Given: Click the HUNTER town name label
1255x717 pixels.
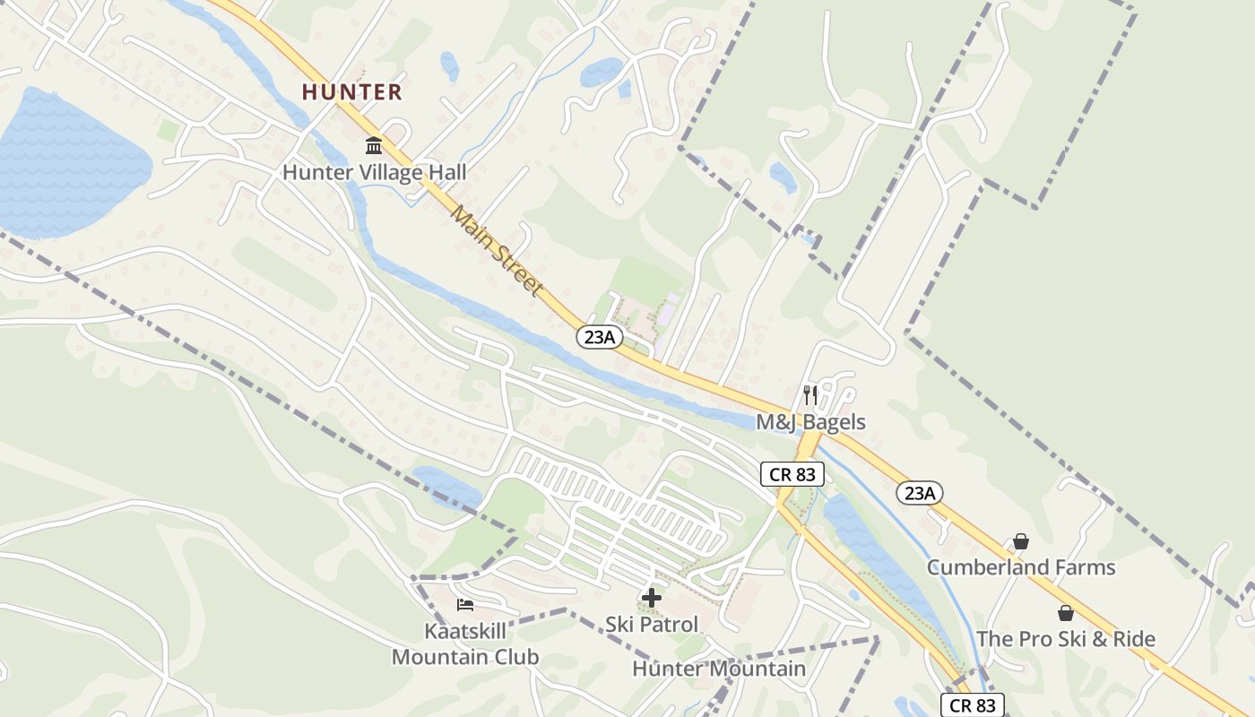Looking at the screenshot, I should (x=351, y=91).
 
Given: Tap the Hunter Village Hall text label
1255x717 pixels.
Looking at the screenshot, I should (x=375, y=172).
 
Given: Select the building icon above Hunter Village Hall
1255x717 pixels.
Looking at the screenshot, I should (x=374, y=145).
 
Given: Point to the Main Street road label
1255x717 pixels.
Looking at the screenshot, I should (x=497, y=251).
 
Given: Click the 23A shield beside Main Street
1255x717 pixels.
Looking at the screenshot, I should (x=599, y=336).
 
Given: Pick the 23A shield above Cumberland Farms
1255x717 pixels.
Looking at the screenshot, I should (x=920, y=493).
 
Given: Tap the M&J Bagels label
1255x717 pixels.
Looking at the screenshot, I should (x=810, y=422).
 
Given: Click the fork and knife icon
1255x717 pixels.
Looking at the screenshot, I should (x=810, y=395).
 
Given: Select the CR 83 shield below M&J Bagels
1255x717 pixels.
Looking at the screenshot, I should (x=792, y=474).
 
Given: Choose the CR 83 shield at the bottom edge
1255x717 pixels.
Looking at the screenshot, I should (x=973, y=705).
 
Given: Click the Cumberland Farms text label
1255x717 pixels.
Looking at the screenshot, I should (x=1021, y=567).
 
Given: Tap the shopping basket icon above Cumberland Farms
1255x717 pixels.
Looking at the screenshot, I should (x=1021, y=541).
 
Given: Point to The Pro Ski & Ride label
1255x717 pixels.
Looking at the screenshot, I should (x=1065, y=639).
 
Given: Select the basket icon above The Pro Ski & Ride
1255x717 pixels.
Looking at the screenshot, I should (x=1065, y=613).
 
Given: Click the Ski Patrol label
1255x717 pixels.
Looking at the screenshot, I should (x=652, y=624).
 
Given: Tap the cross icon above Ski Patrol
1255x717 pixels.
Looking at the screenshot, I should (x=652, y=597).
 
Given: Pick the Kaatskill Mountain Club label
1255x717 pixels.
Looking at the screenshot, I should (x=465, y=644).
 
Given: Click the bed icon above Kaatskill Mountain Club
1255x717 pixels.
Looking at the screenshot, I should (x=465, y=605).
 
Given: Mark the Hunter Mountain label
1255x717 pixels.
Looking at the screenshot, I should (x=719, y=669).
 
